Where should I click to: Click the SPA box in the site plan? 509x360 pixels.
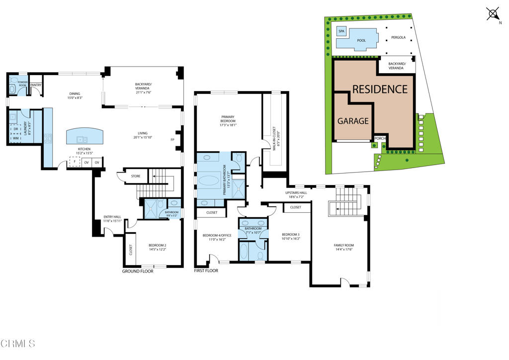click(341, 31)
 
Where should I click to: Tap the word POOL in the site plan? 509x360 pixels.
click(361, 40)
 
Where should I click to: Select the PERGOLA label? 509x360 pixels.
click(399, 37)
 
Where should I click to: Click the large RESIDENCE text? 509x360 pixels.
click(380, 90)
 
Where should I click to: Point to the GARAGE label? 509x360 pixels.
click(353, 121)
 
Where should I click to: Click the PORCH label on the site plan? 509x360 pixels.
click(380, 139)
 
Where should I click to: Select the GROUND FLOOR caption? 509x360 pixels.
click(138, 271)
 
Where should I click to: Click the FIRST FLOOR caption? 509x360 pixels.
click(206, 271)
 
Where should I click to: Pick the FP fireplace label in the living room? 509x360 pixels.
click(172, 140)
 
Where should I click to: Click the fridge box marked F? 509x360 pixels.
click(75, 162)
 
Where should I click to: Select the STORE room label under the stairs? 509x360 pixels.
click(136, 176)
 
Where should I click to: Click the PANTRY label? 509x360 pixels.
click(36, 85)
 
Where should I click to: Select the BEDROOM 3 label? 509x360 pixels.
click(290, 236)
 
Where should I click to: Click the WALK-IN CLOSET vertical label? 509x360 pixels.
click(274, 139)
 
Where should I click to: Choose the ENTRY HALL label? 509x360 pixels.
click(112, 218)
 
